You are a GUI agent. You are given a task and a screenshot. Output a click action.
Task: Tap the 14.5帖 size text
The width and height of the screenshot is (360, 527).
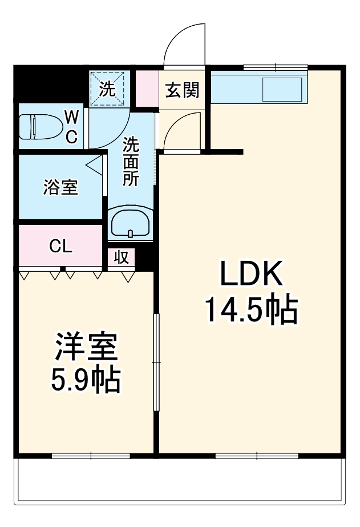[x=251, y=311]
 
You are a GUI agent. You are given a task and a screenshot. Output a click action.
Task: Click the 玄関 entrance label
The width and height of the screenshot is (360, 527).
[x=183, y=90]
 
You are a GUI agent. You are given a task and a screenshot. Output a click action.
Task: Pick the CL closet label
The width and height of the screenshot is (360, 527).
[x=60, y=247]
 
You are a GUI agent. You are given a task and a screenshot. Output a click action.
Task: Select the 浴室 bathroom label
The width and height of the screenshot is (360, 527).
[x=60, y=188]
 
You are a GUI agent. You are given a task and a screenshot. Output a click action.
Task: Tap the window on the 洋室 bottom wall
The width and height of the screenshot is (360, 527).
[x=91, y=456]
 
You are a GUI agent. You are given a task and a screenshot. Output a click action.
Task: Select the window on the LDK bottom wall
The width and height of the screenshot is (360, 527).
[x=257, y=456]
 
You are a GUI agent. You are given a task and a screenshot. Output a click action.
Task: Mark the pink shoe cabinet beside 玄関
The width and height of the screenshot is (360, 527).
[x=147, y=89]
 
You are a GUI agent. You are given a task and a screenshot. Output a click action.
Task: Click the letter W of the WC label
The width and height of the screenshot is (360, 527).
[x=72, y=118]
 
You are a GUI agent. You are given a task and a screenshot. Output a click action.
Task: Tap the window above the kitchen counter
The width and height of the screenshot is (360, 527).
[x=276, y=68]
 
